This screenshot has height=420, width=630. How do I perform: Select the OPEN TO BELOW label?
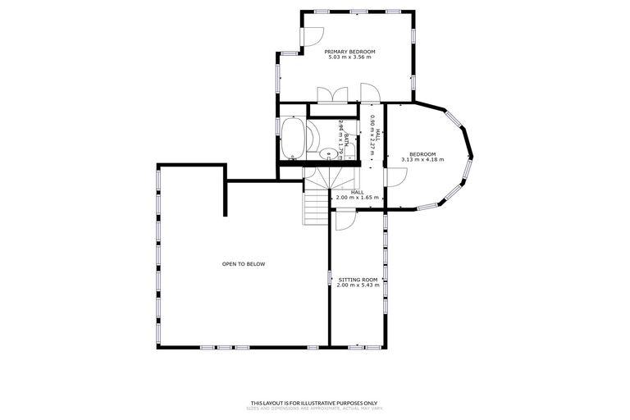tap(244, 263)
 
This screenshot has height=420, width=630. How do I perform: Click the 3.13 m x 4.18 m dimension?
tap(422, 160)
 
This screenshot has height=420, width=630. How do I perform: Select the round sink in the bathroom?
tap(326, 152)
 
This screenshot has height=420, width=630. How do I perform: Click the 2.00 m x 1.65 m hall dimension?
tap(357, 198)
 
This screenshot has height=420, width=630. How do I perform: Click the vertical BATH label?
tap(347, 139)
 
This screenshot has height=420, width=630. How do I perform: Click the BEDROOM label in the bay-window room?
tap(422, 153)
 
